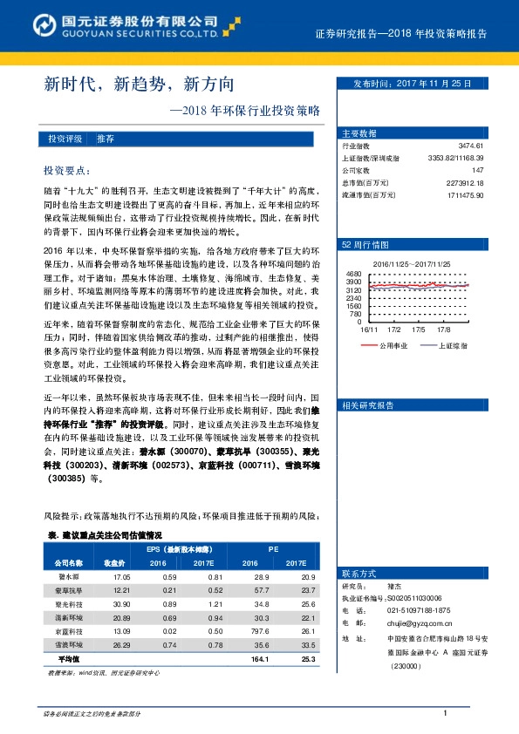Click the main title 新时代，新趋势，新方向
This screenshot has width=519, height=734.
(x=140, y=85)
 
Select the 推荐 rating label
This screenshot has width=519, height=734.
(x=106, y=139)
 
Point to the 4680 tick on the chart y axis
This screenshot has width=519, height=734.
(x=353, y=274)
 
